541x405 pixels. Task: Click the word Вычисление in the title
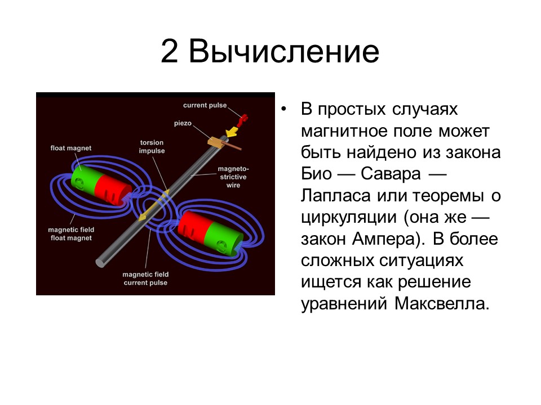(283, 52)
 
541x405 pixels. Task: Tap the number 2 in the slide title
(170, 52)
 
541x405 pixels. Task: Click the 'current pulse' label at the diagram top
(205, 105)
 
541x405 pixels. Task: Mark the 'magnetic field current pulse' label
(145, 278)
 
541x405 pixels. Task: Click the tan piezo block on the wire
(216, 142)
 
